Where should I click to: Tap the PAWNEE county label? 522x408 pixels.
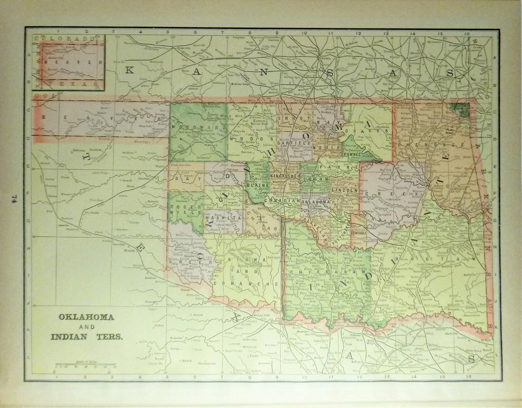pos(353,155)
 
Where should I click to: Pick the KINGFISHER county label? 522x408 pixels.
pos(285,176)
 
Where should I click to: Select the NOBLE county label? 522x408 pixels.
pos(332,148)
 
